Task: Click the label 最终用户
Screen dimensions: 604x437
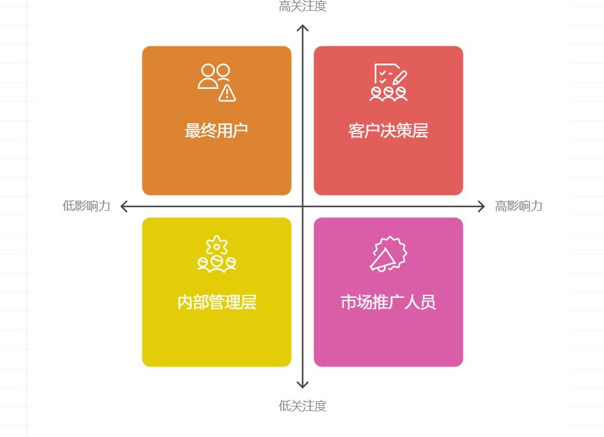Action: (x=216, y=131)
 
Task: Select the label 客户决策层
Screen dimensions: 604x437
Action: (x=388, y=131)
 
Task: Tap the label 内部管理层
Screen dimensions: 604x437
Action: (x=216, y=302)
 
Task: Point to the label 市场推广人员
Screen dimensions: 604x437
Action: (x=388, y=302)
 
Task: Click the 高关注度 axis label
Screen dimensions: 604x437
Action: (x=303, y=7)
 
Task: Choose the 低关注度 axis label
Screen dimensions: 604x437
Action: (x=303, y=406)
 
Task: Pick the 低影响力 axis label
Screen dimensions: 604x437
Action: (x=86, y=206)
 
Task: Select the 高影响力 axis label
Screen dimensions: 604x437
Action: (x=519, y=206)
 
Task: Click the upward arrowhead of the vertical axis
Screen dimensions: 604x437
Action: (x=303, y=27)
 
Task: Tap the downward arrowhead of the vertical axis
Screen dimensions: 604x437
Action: (x=303, y=385)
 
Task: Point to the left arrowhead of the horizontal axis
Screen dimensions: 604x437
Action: (x=123, y=206)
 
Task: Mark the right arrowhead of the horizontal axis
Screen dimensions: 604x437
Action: (x=483, y=206)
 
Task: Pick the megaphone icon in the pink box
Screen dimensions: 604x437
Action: (x=388, y=254)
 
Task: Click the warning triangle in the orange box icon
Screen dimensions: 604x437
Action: (x=227, y=93)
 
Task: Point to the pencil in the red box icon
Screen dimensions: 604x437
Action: (x=399, y=78)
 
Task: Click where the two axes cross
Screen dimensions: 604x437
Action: (x=303, y=206)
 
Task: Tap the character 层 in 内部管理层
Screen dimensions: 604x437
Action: (x=249, y=302)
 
